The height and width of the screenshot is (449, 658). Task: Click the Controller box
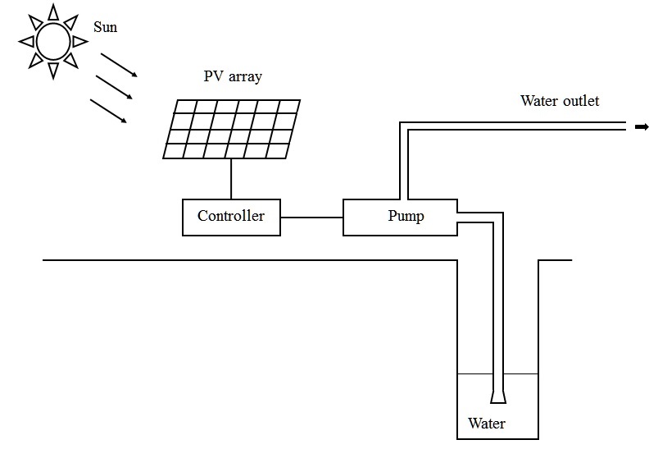[x=230, y=217]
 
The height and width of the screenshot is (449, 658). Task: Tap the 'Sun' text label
[x=106, y=28]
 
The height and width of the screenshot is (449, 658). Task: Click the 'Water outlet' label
[x=560, y=101]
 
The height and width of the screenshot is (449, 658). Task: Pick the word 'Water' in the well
[x=487, y=424]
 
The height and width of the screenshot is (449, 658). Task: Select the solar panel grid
[x=231, y=129]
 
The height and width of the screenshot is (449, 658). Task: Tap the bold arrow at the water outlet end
[x=642, y=126]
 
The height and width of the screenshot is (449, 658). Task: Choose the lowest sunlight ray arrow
[x=109, y=112]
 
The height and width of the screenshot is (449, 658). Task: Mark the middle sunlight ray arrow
[x=114, y=88]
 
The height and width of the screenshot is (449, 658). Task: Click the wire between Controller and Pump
[x=311, y=218]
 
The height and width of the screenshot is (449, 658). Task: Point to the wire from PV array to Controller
[x=231, y=179]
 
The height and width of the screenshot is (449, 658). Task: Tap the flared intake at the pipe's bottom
[x=497, y=397]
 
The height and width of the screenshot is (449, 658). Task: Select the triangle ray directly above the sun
[x=55, y=11]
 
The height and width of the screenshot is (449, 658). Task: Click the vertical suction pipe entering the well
[x=497, y=312]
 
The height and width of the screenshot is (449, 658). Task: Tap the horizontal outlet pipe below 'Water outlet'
[x=524, y=126]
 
